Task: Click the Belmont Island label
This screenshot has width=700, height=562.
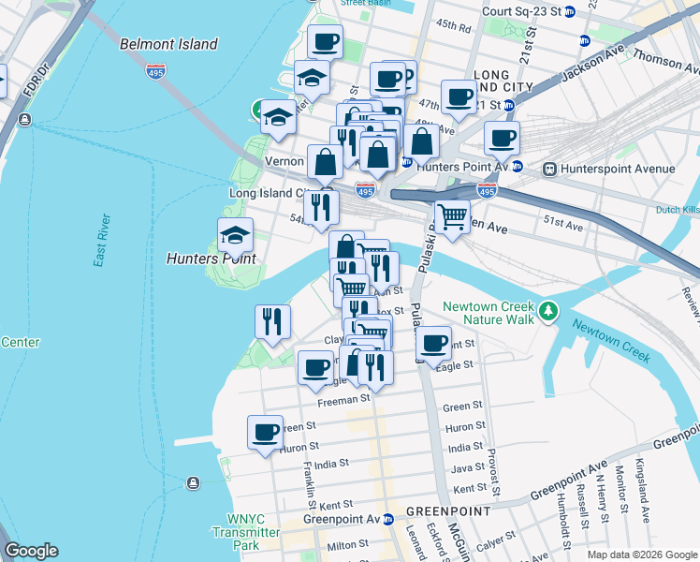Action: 168,44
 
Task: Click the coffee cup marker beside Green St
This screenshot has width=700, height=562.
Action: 266,433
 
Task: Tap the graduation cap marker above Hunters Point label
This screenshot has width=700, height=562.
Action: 236,234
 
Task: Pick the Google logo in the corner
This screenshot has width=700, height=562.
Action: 32,551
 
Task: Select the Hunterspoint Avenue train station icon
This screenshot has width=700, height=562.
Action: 549,169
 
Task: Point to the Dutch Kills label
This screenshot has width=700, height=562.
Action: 678,210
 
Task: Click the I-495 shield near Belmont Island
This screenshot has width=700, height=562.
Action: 155,69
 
